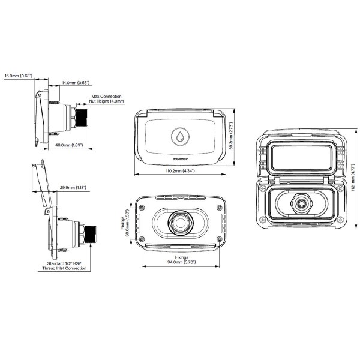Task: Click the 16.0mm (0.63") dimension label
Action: [x=18, y=76]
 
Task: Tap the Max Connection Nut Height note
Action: [x=107, y=98]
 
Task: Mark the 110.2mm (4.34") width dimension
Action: [x=181, y=172]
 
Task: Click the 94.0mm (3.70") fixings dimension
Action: [x=181, y=263]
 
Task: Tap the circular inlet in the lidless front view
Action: [x=180, y=222]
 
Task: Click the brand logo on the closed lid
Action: [x=181, y=159]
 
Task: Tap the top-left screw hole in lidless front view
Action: [x=142, y=208]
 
